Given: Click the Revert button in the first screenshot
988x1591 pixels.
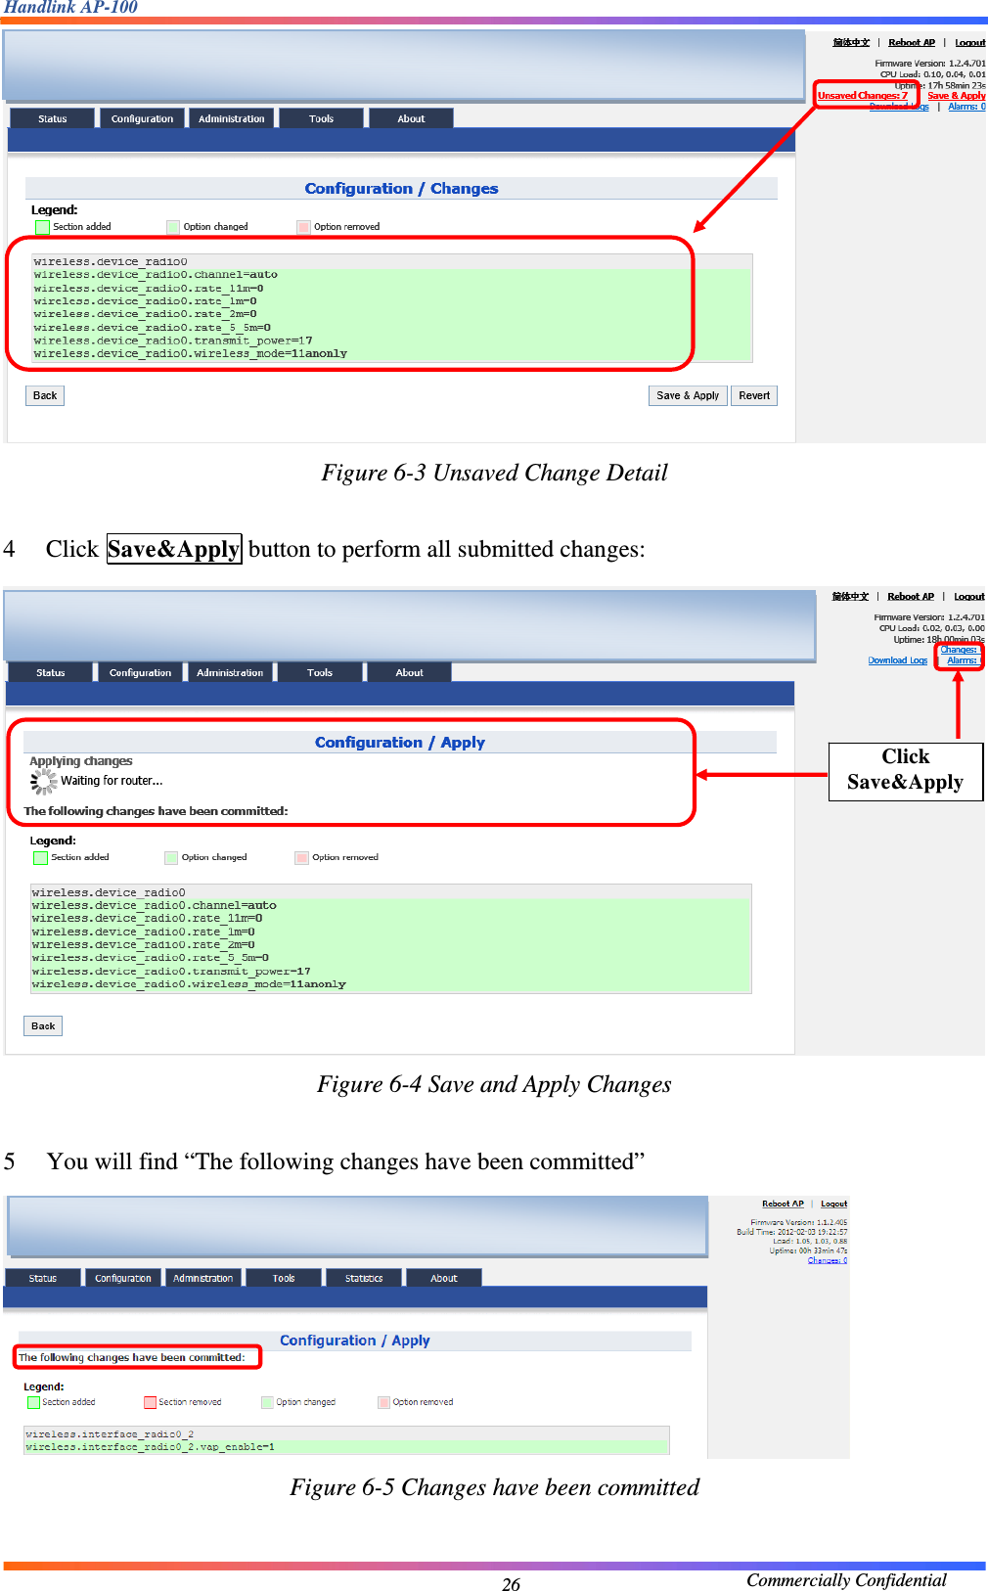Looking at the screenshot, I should [x=753, y=395].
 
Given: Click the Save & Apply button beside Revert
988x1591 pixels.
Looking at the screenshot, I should [x=687, y=395].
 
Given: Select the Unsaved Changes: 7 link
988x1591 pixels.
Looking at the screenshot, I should [x=862, y=96].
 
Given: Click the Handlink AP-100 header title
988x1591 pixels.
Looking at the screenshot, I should [x=70, y=8].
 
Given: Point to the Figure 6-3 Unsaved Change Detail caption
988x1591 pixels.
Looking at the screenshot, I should [x=494, y=474].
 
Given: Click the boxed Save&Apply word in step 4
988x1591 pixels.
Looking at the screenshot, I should [x=173, y=549].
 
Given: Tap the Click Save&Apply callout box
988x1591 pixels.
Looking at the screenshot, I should [x=905, y=770].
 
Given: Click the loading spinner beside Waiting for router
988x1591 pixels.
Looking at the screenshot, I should [x=43, y=781].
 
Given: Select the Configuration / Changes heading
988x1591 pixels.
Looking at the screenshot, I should [x=401, y=189].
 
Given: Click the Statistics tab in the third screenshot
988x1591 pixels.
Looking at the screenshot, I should [x=363, y=1278].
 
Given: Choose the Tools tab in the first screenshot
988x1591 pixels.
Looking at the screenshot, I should [x=321, y=118].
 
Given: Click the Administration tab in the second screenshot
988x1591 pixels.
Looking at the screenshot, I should [x=229, y=672].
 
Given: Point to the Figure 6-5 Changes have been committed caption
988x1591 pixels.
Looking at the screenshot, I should [x=494, y=1488].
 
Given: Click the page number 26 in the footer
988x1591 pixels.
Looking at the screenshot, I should [x=511, y=1584].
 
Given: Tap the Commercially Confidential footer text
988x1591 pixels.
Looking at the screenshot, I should [x=845, y=1580].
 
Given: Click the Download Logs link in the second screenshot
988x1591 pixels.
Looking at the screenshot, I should [x=897, y=660].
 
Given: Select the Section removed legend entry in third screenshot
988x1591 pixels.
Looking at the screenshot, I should [x=183, y=1402].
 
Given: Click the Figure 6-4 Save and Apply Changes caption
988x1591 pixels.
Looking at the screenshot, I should [x=494, y=1085].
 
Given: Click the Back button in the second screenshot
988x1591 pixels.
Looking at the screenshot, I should [x=43, y=1026].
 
